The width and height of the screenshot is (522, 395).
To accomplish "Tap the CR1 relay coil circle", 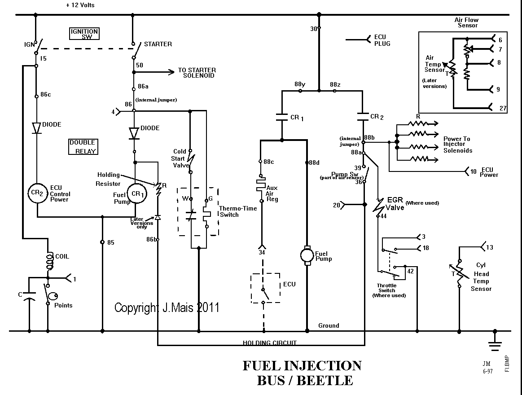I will (x=135, y=193).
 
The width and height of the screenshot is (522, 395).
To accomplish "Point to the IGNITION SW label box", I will (x=84, y=34).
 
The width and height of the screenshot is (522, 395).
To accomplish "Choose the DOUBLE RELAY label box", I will (x=83, y=147).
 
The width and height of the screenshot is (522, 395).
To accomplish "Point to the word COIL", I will (x=62, y=257).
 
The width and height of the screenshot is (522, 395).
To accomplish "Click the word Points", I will (x=63, y=305).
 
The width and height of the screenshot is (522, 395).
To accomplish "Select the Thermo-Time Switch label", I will (x=229, y=211).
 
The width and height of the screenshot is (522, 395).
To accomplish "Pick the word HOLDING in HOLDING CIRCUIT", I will (x=257, y=343).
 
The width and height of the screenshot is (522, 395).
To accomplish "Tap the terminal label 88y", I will (x=299, y=85).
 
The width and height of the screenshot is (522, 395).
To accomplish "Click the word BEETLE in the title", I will (x=325, y=381).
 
